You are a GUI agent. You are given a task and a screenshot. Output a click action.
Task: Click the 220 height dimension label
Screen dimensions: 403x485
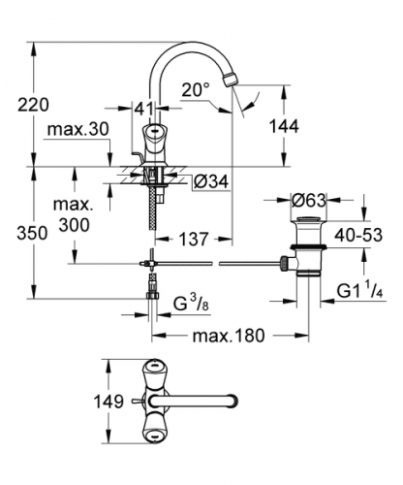coord(33,105)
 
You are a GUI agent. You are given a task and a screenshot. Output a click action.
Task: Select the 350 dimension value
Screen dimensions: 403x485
coord(32,233)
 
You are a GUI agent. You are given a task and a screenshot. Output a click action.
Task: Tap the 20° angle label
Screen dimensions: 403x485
coord(196,89)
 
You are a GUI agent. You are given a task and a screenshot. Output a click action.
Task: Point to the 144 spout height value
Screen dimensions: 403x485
coord(284,126)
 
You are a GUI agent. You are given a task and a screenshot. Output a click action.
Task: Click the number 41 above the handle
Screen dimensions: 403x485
coord(144,109)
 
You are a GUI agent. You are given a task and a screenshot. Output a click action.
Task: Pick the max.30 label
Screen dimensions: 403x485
coord(78,129)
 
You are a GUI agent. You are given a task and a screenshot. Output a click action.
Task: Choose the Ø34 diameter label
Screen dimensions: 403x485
coord(211,181)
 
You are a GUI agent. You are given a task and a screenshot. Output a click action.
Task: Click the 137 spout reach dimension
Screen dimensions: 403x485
coord(194,240)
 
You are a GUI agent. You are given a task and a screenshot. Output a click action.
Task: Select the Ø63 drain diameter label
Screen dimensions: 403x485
coord(308,201)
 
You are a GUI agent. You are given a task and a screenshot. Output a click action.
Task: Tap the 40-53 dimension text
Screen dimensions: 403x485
coord(358,235)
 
